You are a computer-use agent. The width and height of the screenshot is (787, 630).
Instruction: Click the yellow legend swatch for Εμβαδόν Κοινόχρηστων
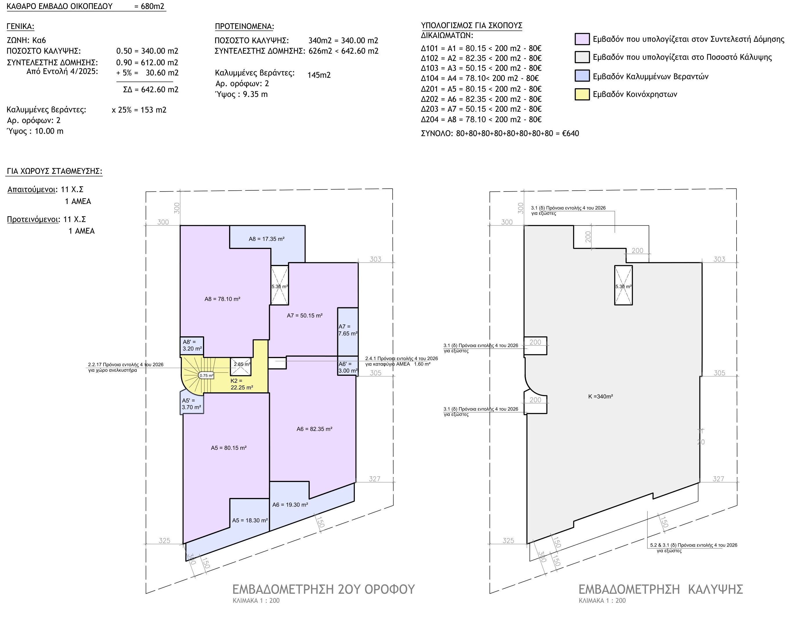tap(582, 94)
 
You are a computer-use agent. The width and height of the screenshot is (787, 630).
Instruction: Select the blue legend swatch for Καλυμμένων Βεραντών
tap(582, 76)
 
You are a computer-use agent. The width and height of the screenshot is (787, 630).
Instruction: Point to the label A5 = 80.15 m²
tap(229, 448)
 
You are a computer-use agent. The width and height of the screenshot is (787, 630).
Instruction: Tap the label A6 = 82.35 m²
tap(314, 429)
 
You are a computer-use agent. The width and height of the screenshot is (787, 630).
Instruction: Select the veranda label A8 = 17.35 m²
tap(266, 239)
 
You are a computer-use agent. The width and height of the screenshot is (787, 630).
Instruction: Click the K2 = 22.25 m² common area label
tap(242, 384)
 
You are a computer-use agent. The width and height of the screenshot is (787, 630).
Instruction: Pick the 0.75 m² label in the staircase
tap(206, 376)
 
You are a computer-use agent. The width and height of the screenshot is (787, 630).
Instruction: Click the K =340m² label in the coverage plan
tap(601, 397)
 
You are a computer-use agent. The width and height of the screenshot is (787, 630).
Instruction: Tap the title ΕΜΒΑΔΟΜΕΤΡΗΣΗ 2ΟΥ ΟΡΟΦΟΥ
tap(323, 589)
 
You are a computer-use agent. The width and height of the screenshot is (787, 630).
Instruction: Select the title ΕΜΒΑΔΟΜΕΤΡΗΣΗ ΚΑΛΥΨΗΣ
tap(661, 589)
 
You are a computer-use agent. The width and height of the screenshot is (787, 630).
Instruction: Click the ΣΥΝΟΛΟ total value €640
tap(571, 134)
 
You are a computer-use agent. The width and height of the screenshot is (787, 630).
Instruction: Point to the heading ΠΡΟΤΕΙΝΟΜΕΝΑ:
tap(244, 26)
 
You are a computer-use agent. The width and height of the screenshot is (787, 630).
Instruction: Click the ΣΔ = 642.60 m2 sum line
tap(151, 89)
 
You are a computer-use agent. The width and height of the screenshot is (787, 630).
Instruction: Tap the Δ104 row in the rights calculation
tap(480, 78)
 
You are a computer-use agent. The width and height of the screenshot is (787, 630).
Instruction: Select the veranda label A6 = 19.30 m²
tap(290, 505)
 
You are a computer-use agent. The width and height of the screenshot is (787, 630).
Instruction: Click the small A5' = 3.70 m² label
tap(191, 404)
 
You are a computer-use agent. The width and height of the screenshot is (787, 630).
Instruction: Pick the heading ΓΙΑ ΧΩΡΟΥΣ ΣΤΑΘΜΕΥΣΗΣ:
tap(55, 171)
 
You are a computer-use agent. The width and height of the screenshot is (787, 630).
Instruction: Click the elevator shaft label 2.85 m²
tap(242, 364)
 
